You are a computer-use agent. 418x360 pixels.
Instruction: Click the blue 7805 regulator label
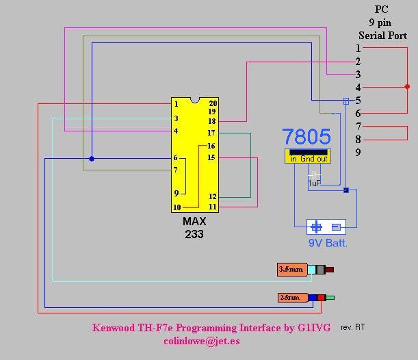[306, 136]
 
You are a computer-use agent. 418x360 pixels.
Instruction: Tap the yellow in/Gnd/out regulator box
[308, 156]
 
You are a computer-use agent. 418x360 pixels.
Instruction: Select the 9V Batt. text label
[327, 242]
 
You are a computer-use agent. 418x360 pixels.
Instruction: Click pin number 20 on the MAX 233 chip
[213, 104]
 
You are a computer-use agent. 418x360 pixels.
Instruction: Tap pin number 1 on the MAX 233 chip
[177, 104]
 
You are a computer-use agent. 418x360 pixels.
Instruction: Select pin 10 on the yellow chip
[177, 207]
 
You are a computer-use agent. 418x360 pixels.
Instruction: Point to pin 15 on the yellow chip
[211, 158]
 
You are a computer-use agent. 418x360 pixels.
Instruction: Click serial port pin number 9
[358, 152]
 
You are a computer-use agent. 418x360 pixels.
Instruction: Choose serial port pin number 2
[358, 62]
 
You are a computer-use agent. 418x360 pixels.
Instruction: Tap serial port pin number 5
[358, 101]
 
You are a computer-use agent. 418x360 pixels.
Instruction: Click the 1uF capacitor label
[314, 183]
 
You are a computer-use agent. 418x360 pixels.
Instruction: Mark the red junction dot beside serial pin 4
[407, 87]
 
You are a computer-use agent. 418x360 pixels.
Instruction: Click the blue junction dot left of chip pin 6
[92, 159]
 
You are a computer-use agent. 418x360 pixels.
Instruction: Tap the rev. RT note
[352, 327]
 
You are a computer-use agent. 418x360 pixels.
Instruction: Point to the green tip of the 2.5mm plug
[330, 298]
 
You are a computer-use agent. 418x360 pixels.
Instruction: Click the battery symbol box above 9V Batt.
[326, 227]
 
